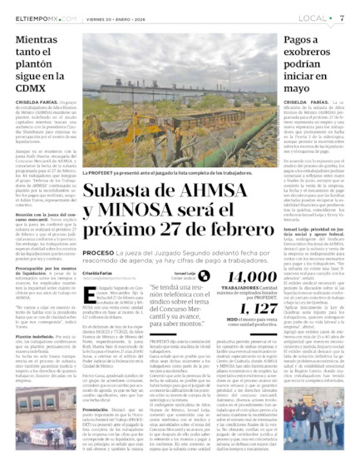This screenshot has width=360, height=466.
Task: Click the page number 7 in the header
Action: pos(343,17)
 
